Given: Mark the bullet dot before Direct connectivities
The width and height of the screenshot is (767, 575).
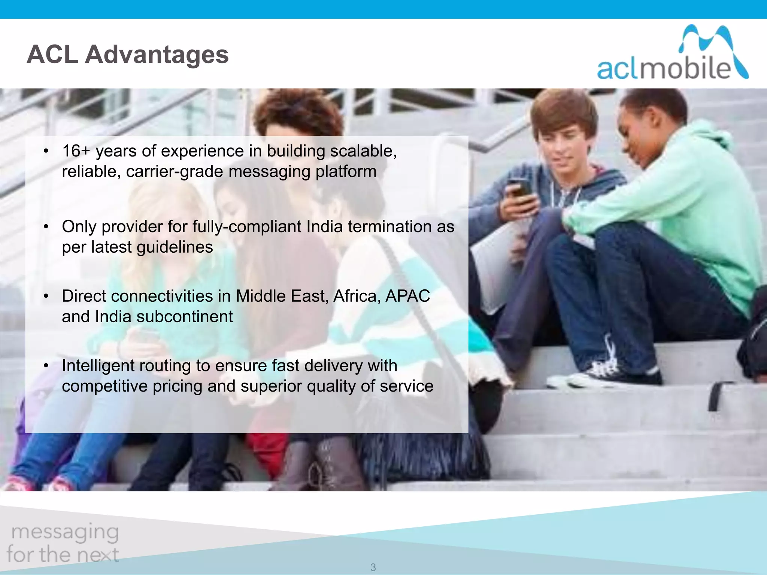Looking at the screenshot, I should tap(46, 296).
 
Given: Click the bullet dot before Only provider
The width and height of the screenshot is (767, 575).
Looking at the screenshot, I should tap(46, 227).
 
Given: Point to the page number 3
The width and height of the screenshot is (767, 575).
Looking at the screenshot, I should tap(373, 567).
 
